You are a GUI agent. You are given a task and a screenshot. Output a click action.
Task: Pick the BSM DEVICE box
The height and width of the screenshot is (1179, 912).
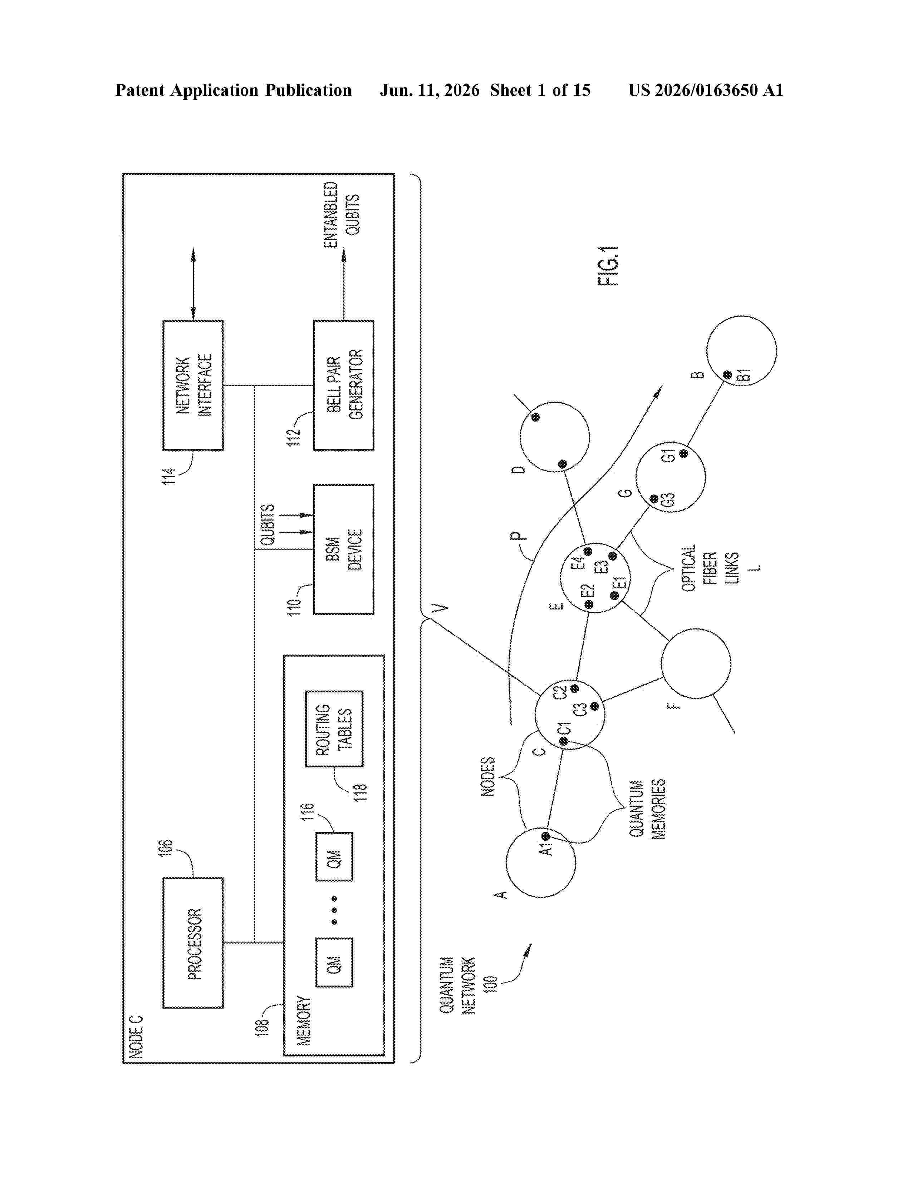(344, 549)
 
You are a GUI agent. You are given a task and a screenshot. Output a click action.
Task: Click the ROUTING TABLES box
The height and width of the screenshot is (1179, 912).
(334, 729)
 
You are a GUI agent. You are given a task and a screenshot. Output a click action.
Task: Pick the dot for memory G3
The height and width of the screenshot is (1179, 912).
(654, 498)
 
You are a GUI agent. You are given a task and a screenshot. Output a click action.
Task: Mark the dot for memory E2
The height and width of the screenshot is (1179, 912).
(589, 605)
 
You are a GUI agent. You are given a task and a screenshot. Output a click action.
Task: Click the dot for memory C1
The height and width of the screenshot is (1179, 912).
(564, 742)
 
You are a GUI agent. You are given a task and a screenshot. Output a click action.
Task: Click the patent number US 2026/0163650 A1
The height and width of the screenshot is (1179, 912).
(706, 90)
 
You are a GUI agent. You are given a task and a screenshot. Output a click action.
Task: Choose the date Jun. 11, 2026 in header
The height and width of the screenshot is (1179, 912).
(430, 90)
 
